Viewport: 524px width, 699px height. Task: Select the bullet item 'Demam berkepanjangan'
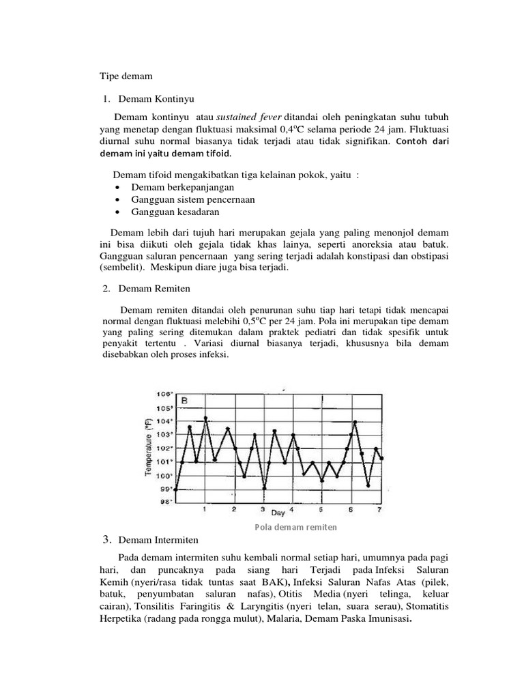182,187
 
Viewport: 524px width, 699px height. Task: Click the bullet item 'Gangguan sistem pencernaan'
194,199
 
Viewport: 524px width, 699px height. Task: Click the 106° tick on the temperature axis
165,394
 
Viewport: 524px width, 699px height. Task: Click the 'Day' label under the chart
278,511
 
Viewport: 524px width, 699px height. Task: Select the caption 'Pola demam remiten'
296,527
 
